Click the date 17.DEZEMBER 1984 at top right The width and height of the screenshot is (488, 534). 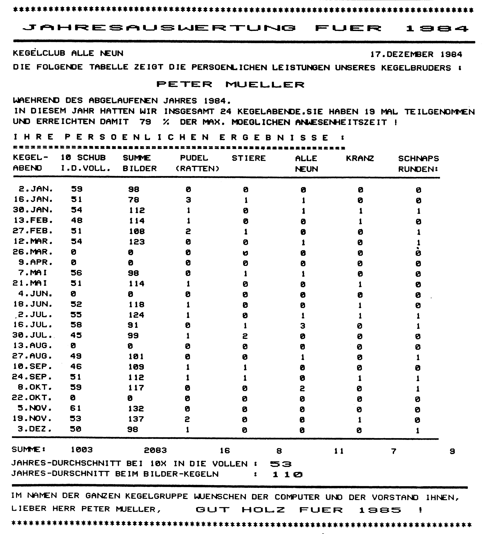(416, 54)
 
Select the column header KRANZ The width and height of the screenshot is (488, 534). (360, 158)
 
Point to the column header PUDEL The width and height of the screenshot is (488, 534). (194, 158)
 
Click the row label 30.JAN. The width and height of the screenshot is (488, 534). (33, 210)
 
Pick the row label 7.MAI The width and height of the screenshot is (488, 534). (33, 273)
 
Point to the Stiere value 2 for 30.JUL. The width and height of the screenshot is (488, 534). (245, 336)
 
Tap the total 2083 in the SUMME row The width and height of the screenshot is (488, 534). (155, 450)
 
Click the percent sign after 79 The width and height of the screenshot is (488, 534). (166, 122)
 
